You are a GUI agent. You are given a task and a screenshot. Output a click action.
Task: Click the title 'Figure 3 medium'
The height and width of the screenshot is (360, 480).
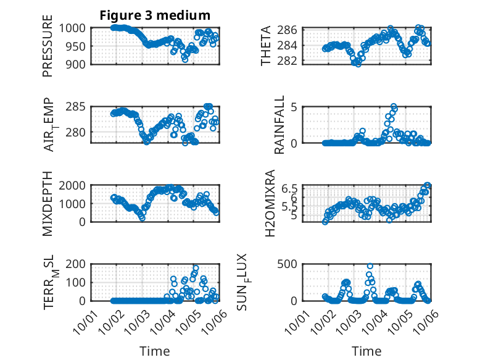[x=155, y=15]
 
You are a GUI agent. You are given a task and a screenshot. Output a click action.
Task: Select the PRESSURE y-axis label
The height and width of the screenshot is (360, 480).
[x=48, y=46]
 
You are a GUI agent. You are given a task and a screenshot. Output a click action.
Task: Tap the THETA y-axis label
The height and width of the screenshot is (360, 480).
[x=266, y=46]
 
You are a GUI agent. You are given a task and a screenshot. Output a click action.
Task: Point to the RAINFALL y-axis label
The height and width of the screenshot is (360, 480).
[x=279, y=124]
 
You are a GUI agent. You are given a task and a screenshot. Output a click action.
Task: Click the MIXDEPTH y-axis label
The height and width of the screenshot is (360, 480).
[x=48, y=203]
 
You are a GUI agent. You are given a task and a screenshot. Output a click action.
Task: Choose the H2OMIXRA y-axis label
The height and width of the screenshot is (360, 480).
[x=270, y=203]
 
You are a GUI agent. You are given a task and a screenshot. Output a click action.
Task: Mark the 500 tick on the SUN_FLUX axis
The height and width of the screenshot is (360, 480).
[x=291, y=264]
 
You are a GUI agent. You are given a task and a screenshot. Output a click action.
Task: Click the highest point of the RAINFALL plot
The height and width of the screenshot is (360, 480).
[x=394, y=107]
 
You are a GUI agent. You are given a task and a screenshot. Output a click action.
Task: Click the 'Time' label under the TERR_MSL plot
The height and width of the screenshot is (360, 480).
[x=155, y=351]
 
